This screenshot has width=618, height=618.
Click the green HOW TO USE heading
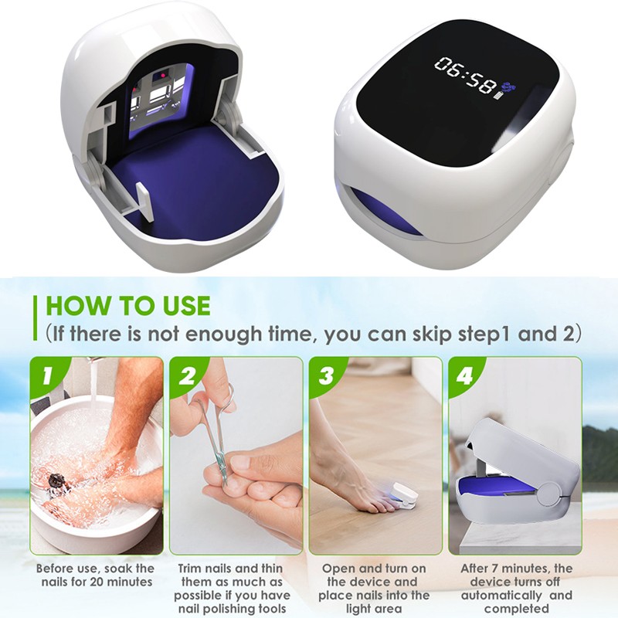[128, 305]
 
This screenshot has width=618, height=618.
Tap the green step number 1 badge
[47, 375]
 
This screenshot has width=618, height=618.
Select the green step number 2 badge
[187, 375]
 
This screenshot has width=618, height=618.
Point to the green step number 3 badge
[326, 375]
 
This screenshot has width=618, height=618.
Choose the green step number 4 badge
[465, 375]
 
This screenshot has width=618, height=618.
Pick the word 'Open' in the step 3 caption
[337, 569]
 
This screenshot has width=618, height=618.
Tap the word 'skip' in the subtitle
[433, 334]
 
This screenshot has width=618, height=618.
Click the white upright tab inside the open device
[144, 202]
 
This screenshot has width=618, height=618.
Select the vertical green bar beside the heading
[36, 318]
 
